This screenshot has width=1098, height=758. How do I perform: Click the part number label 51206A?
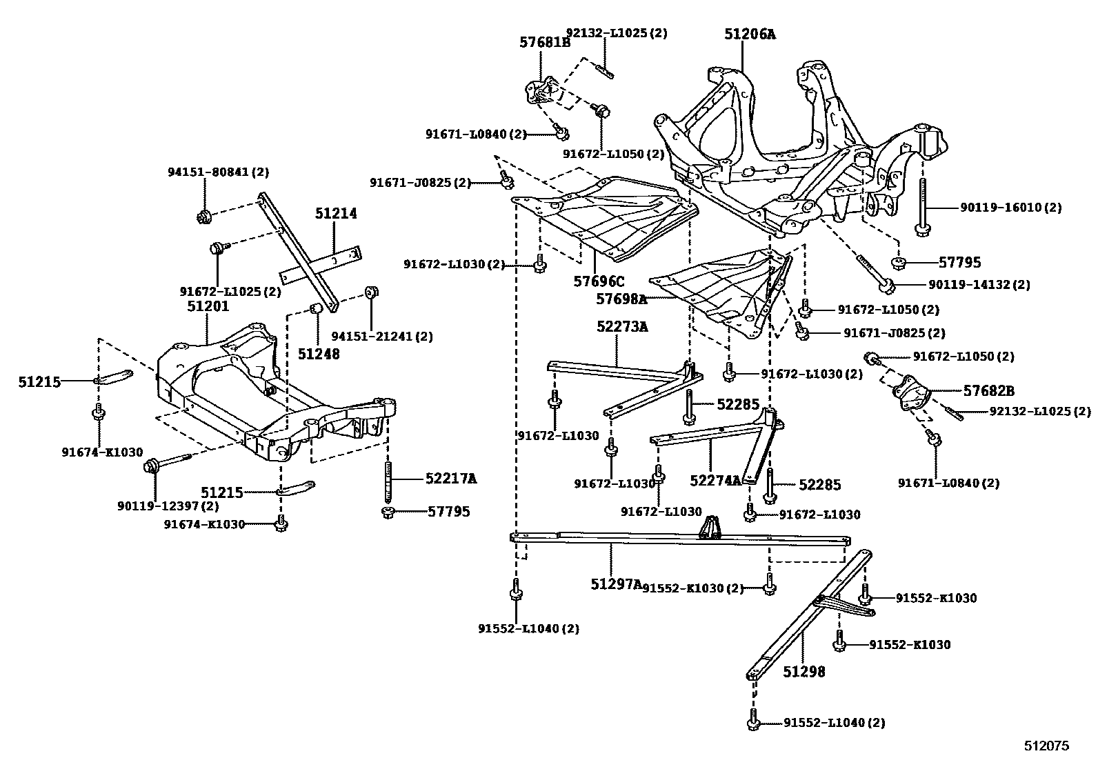pyautogui.click(x=750, y=34)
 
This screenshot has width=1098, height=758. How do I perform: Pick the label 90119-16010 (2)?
pyautogui.click(x=1011, y=207)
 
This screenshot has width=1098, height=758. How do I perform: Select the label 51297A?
pyautogui.click(x=616, y=585)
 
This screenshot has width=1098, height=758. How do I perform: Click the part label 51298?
pyautogui.click(x=804, y=671)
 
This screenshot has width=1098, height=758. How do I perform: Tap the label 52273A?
pyautogui.click(x=622, y=327)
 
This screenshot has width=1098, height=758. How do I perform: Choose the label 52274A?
pyautogui.click(x=715, y=481)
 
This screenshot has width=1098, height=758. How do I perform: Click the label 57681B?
pyautogui.click(x=545, y=42)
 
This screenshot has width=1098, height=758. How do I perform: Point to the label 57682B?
pyautogui.click(x=988, y=391)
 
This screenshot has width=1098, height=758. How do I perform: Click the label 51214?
pyautogui.click(x=337, y=214)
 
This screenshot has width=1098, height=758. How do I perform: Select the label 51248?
pyautogui.click(x=319, y=353)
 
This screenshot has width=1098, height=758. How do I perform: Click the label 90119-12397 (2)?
pyautogui.click(x=159, y=506)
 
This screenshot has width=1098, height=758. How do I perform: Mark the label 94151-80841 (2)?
pyautogui.click(x=219, y=172)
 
